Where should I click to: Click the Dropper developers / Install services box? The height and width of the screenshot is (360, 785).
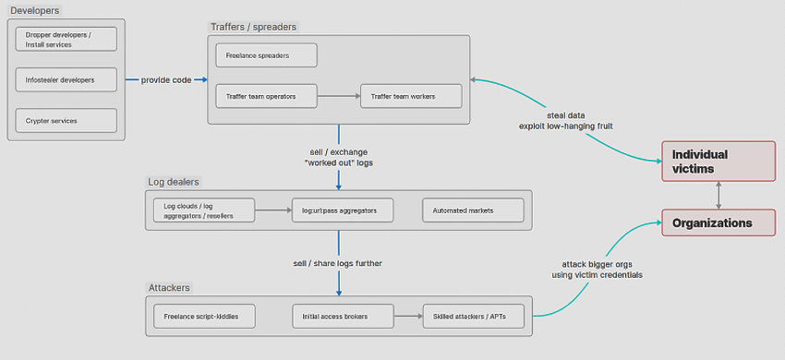click(x=66, y=40)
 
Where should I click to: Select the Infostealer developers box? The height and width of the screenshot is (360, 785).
click(x=66, y=80)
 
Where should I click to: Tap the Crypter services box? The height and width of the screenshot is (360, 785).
click(x=66, y=121)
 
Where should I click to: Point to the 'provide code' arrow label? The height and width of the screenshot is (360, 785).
click(x=166, y=80)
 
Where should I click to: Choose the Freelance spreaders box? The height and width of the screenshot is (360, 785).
click(x=266, y=55)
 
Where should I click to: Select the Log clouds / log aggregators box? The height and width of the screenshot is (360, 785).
click(x=204, y=210)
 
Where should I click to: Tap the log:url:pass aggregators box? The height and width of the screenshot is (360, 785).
click(x=342, y=210)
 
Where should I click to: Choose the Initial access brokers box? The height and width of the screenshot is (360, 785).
click(x=342, y=317)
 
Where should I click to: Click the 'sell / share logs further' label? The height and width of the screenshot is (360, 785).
click(x=337, y=263)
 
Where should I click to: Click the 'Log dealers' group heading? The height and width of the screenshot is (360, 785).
click(x=174, y=182)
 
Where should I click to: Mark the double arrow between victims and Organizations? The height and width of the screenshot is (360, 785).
click(x=719, y=196)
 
